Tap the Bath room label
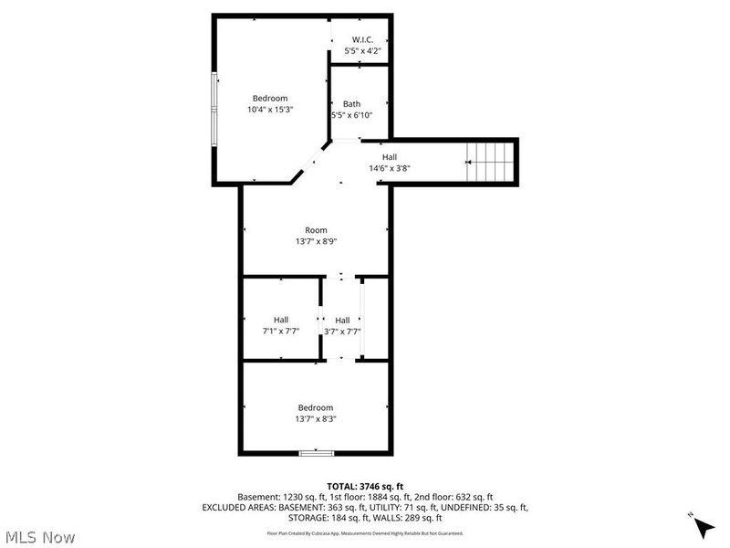pyautogui.click(x=351, y=103)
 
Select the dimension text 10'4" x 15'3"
pyautogui.click(x=270, y=110)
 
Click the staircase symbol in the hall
pyautogui.click(x=491, y=162)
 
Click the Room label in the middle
pyautogui.click(x=316, y=230)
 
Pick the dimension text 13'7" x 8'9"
pyautogui.click(x=316, y=241)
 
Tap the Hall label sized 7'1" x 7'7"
pyautogui.click(x=280, y=320)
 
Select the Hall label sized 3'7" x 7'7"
pyautogui.click(x=342, y=320)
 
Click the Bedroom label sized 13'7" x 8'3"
pyautogui.click(x=316, y=407)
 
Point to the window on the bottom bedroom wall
pyautogui.click(x=316, y=452)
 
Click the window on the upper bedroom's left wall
pyautogui.click(x=215, y=107)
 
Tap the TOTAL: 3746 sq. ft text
pyautogui.click(x=365, y=486)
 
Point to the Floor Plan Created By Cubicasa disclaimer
pyautogui.click(x=365, y=532)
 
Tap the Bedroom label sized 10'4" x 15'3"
pyautogui.click(x=270, y=99)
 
